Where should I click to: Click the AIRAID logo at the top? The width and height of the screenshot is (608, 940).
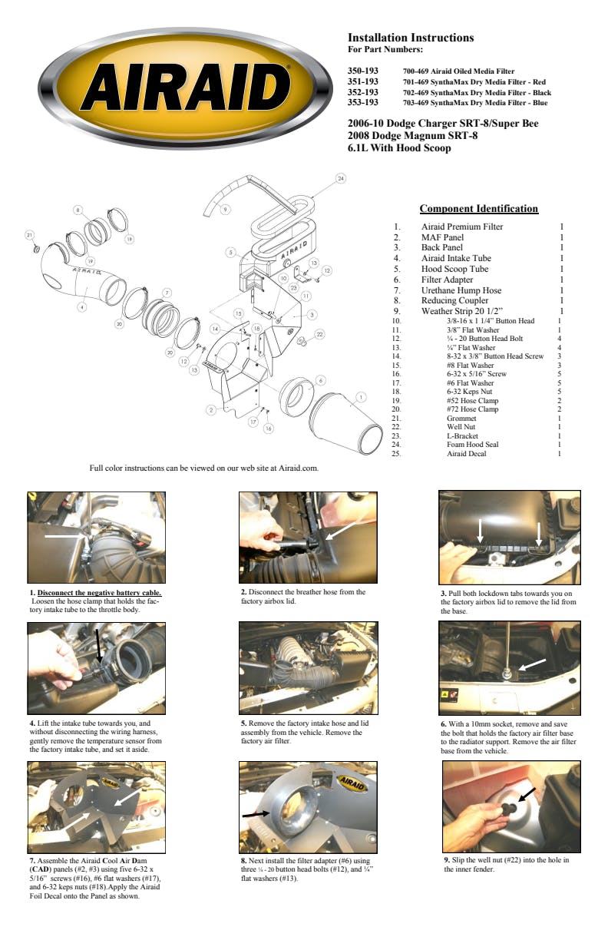pyautogui.click(x=185, y=88)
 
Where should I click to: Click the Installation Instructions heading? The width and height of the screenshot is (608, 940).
pyautogui.click(x=411, y=38)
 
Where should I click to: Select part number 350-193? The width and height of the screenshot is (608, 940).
pyautogui.click(x=363, y=71)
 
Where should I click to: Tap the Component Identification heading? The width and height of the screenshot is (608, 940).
pyautogui.click(x=479, y=209)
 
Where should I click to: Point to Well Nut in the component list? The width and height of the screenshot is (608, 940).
pyautogui.click(x=461, y=427)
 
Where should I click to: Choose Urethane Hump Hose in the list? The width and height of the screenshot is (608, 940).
pyautogui.click(x=461, y=290)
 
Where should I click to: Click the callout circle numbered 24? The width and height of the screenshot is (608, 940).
pyautogui.click(x=341, y=178)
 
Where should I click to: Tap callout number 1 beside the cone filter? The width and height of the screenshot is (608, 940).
pyautogui.click(x=361, y=397)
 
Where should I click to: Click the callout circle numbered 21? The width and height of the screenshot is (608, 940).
pyautogui.click(x=29, y=235)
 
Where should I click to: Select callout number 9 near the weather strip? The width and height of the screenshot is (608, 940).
pyautogui.click(x=226, y=210)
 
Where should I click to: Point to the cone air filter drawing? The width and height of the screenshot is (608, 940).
pyautogui.click(x=345, y=422)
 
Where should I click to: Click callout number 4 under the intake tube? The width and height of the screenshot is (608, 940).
pyautogui.click(x=82, y=307)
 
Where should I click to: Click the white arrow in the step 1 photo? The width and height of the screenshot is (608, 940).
pyautogui.click(x=65, y=536)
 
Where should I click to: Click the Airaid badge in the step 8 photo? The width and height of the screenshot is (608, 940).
pyautogui.click(x=352, y=783)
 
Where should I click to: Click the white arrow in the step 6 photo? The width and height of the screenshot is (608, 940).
pyautogui.click(x=532, y=665)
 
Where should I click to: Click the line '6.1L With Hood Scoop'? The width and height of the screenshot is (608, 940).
pyautogui.click(x=399, y=148)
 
